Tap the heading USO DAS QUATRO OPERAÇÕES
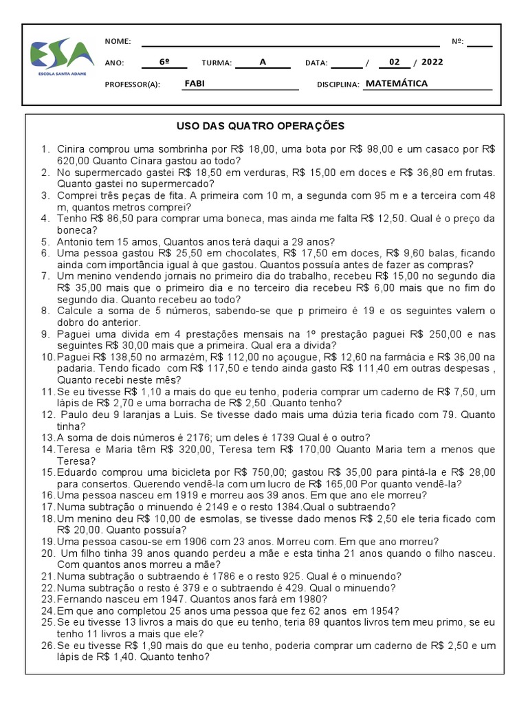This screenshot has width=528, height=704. click(x=261, y=126)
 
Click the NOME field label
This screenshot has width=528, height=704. click(x=118, y=41)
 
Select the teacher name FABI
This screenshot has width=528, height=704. click(x=195, y=84)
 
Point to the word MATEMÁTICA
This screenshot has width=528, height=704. click(x=397, y=84)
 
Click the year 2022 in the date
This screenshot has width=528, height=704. click(x=432, y=62)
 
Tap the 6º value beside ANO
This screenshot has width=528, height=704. click(x=164, y=62)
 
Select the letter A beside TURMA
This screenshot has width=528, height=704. click(x=262, y=62)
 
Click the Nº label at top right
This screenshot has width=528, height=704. click(x=458, y=41)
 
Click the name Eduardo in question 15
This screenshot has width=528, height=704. click(x=78, y=472)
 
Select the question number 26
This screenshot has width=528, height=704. click(x=47, y=646)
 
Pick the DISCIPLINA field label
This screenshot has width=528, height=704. click(x=339, y=85)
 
